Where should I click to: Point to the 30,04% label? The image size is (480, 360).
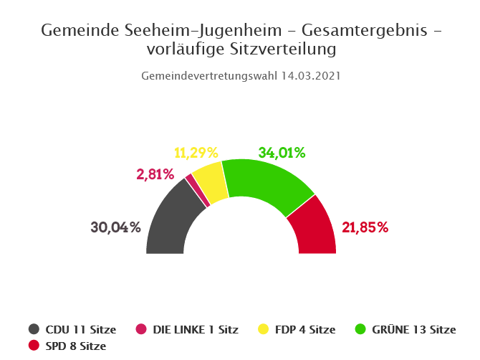pyautogui.click(x=115, y=227)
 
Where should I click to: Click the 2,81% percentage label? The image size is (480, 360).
pyautogui.click(x=155, y=174)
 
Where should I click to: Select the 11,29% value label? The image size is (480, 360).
pyautogui.click(x=196, y=152)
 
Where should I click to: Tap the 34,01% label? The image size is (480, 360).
pyautogui.click(x=282, y=152)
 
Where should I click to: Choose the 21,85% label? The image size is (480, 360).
pyautogui.click(x=365, y=227)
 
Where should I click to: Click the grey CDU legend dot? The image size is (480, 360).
pyautogui.click(x=34, y=330)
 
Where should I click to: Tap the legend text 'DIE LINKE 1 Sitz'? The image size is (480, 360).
pyautogui.click(x=196, y=330)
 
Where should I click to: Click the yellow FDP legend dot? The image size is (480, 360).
pyautogui.click(x=263, y=330)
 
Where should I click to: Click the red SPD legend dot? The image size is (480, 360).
pyautogui.click(x=34, y=346)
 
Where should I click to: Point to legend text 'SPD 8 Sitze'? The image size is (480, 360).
pyautogui.click(x=75, y=346)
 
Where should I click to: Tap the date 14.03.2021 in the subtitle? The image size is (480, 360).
pyautogui.click(x=310, y=75)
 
